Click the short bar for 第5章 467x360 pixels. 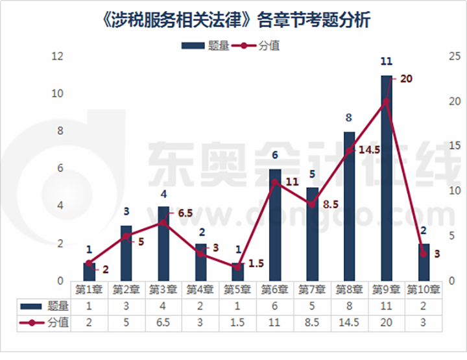point(238,272)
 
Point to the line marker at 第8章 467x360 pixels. point(350,151)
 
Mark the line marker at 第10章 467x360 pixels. point(424,254)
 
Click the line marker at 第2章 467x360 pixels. point(126,236)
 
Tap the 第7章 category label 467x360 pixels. point(312,289)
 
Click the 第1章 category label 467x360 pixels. point(89,289)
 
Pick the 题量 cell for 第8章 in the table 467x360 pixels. point(349,306)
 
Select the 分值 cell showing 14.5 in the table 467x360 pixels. point(349,322)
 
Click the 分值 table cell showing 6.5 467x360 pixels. point(163,322)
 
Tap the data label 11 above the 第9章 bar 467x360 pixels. point(387,62)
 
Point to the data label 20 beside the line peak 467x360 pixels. point(407,78)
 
